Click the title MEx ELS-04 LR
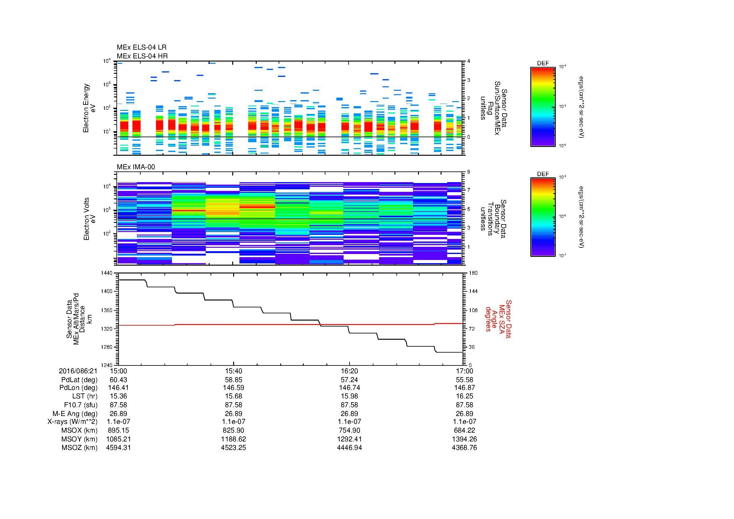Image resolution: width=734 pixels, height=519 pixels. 141,47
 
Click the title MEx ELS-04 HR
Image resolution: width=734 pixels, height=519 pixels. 142,56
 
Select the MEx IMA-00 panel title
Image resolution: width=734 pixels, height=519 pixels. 136,167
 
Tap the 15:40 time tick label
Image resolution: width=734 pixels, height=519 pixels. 233,371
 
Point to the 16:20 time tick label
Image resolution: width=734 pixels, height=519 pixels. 349,371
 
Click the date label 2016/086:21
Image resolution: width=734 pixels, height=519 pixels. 78,371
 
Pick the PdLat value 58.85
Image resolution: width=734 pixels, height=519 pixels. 233,380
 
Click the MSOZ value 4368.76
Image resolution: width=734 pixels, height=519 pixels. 464,448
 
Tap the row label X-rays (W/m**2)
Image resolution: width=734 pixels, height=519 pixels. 72,422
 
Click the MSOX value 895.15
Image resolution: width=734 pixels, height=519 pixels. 118,430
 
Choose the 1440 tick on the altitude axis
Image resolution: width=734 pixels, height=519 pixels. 107,273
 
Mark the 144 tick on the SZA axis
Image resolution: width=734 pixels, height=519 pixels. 473,291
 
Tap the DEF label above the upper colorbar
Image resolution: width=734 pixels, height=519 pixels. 543,63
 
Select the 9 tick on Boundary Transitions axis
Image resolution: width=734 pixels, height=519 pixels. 469,172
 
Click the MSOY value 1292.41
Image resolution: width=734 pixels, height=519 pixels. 349,439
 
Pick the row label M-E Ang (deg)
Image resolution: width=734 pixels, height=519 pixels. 75,414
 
